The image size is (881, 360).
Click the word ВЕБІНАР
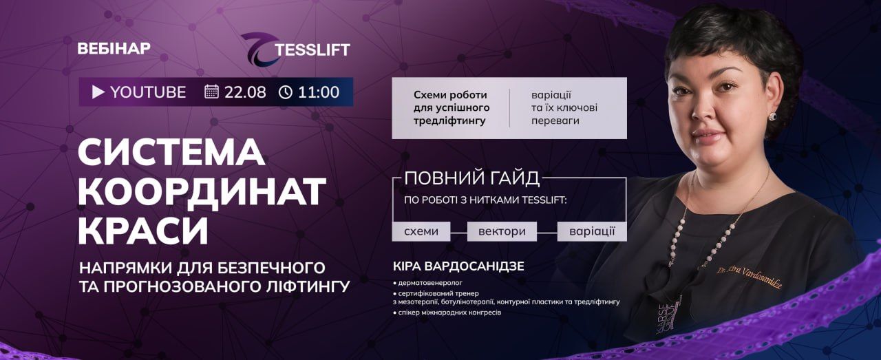tap(114, 48)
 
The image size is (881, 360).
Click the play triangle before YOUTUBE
tap(98, 92)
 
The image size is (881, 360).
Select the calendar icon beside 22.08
tap(211, 92)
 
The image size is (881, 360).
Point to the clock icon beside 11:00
tap(286, 92)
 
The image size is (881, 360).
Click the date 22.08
tap(245, 92)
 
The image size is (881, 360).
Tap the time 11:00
tap(319, 92)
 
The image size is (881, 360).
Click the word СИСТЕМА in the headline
tap(171, 153)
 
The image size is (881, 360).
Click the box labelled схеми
tap(421, 231)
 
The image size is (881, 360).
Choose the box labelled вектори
tap(502, 231)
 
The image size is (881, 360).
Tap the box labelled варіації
tap(592, 231)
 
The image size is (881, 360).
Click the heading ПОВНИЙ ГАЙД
tap(472, 178)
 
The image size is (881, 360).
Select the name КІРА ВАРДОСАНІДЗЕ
tap(458, 266)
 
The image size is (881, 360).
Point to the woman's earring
tap(772, 117)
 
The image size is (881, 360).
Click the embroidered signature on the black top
tap(749, 277)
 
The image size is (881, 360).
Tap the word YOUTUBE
tap(148, 92)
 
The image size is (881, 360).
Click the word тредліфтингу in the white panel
tap(449, 120)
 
